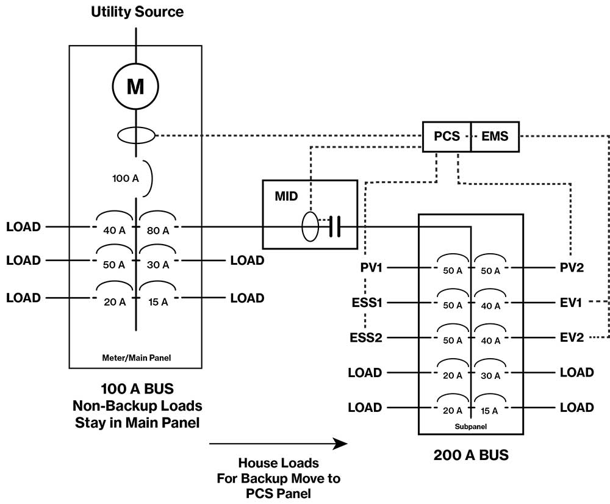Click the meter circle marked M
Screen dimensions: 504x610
point(135,86)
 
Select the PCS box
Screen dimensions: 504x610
point(447,137)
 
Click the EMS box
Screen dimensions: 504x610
point(495,137)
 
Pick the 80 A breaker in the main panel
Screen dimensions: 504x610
point(157,230)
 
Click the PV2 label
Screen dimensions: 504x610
point(572,267)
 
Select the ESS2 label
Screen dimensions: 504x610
point(366,337)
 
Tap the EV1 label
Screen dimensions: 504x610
point(572,302)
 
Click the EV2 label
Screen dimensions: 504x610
point(572,337)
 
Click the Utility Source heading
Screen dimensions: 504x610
point(137,12)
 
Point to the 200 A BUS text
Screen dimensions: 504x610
point(470,455)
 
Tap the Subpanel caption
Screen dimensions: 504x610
point(470,427)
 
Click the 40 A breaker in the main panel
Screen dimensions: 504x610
point(113,230)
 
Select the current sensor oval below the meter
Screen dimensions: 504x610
point(135,136)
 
